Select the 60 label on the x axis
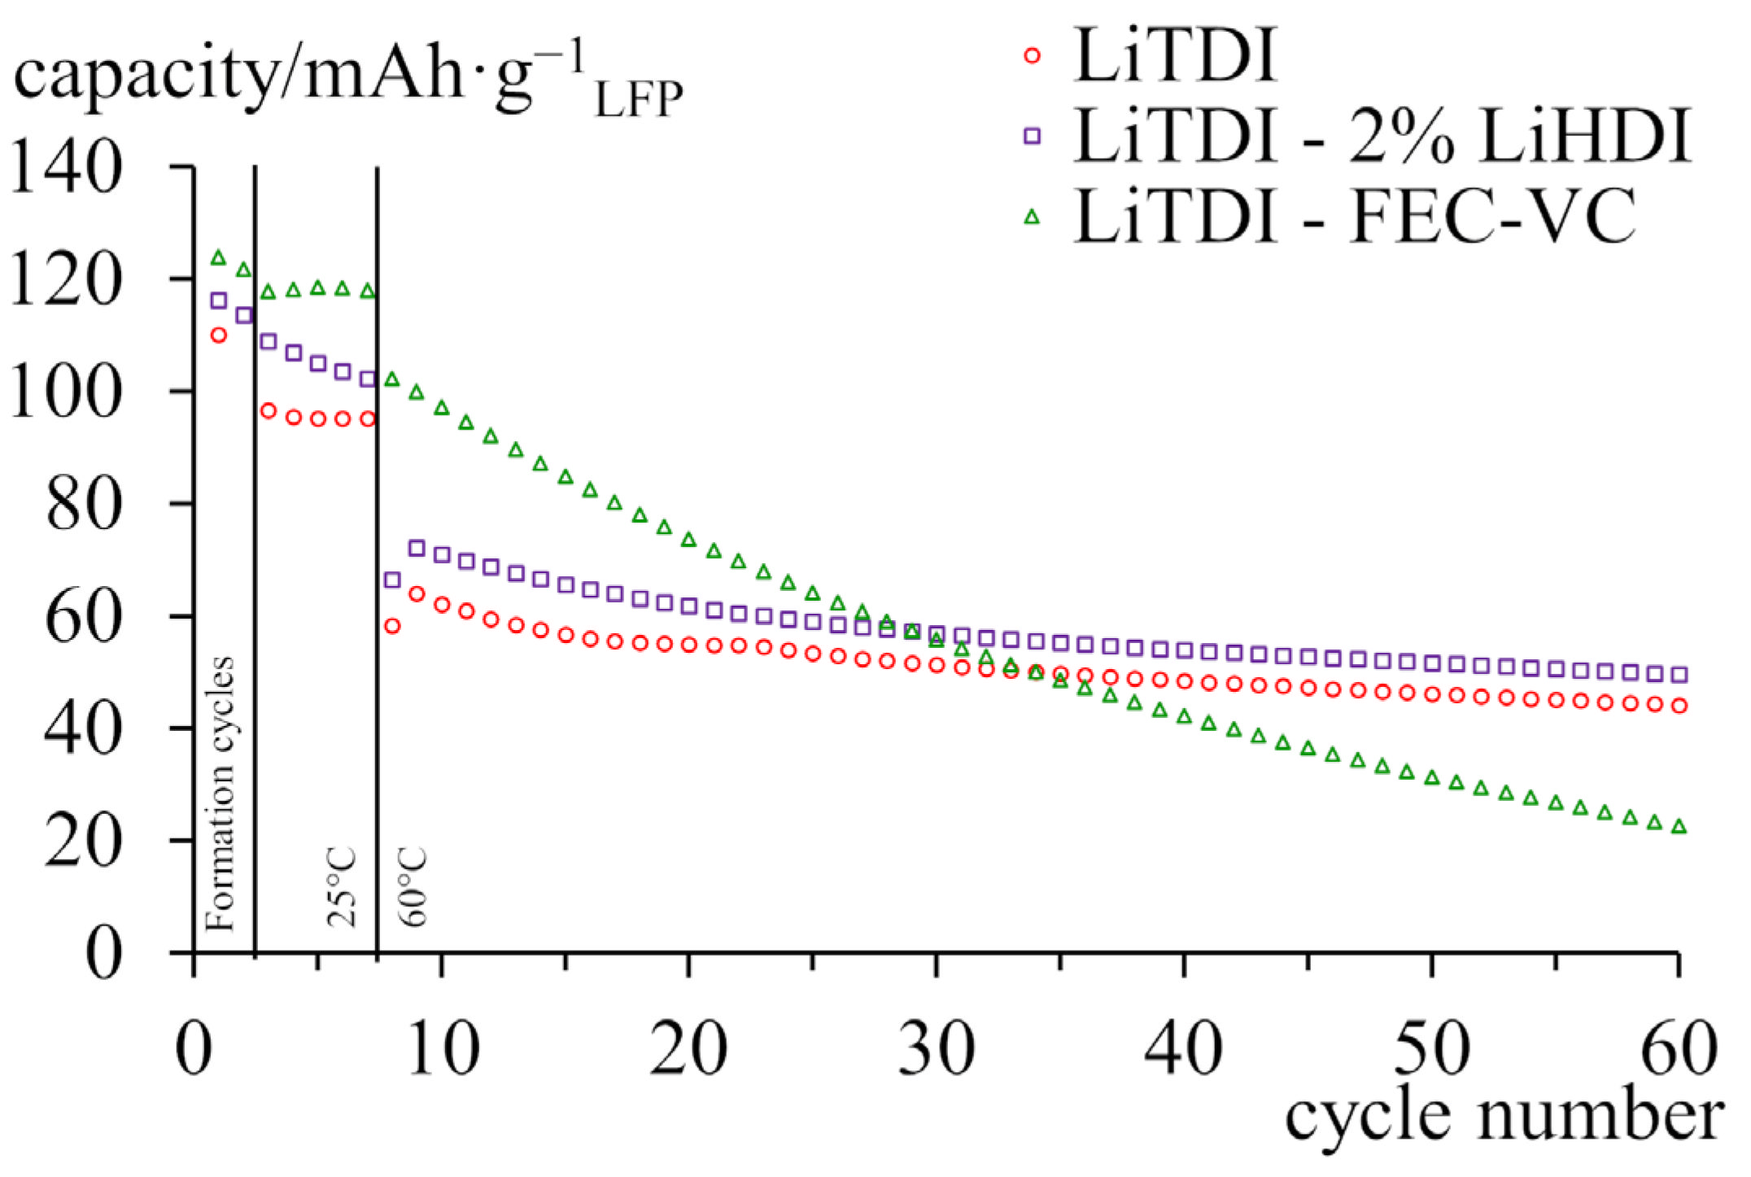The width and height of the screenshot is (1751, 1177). (1678, 1050)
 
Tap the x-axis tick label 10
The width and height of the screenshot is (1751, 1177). (442, 1050)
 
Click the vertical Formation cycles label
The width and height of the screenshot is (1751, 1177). (220, 794)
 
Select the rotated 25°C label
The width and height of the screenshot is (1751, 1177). (342, 887)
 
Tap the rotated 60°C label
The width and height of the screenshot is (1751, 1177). (413, 887)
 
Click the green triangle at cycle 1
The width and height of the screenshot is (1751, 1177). (218, 258)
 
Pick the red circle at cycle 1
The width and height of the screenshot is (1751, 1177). (218, 335)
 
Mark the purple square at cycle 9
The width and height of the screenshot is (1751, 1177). (417, 548)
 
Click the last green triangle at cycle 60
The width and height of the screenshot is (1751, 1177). (1678, 827)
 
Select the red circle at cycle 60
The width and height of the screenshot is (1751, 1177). (1679, 706)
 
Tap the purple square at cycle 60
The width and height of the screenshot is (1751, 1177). (1679, 674)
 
